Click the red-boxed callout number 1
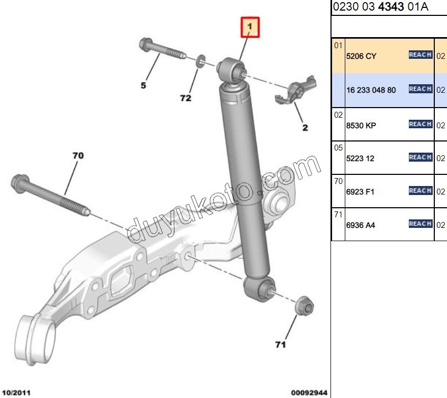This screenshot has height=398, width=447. click(x=250, y=27)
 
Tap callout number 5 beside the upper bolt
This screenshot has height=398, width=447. click(x=144, y=85)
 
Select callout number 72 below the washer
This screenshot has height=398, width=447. click(x=185, y=98)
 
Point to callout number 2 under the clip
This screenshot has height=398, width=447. click(x=305, y=127)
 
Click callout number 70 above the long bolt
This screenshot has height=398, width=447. click(x=78, y=155)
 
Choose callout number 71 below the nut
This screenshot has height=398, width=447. click(x=281, y=344)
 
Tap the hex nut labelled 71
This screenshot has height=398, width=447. click(x=305, y=306)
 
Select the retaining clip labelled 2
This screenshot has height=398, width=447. click(x=296, y=90)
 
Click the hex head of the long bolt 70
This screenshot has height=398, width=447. click(x=20, y=183)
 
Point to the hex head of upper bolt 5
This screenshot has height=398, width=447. click(x=146, y=45)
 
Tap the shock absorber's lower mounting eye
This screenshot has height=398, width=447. click(x=260, y=289)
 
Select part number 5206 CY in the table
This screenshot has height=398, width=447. click(x=361, y=56)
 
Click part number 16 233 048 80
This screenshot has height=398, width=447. click(x=371, y=90)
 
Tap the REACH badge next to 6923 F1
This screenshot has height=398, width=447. click(x=421, y=190)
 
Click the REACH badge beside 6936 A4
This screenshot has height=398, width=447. click(x=421, y=224)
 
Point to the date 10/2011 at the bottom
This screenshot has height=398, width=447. click(x=16, y=393)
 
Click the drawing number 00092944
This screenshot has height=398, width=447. click(x=309, y=393)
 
